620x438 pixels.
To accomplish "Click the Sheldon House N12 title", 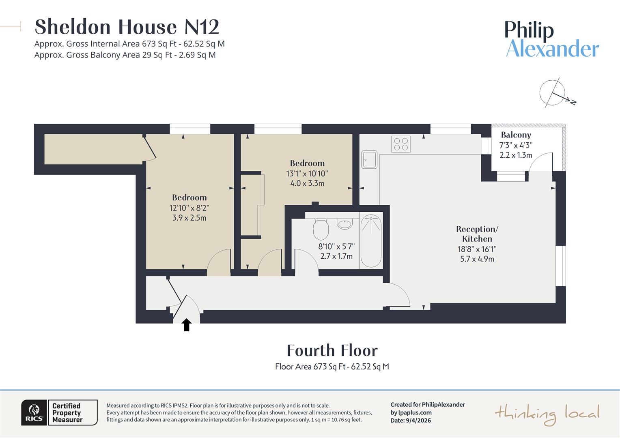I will click(127, 27).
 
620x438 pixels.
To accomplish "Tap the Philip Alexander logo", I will click(552, 39).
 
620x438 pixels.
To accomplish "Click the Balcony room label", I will click(516, 135).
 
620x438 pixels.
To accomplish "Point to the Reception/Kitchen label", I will click(477, 234).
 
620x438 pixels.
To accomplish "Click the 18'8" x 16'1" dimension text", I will click(477, 249).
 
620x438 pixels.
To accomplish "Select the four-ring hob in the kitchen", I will click(401, 144).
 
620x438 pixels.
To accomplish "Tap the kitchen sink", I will click(370, 159).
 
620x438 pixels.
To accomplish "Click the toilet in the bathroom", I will click(321, 229).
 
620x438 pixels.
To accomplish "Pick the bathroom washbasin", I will click(345, 223).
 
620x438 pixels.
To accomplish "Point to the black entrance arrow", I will click(186, 325).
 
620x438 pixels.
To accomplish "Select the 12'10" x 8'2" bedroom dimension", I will click(189, 208).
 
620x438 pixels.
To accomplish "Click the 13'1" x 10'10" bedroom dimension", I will click(307, 174).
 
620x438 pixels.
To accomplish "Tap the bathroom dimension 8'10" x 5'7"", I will click(336, 247).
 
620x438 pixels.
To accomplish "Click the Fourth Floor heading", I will click(332, 350).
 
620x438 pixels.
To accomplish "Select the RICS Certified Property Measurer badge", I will click(59, 412).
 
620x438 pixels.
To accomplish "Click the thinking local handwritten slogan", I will click(547, 414).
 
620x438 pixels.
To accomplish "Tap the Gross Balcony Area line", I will click(125, 55).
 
